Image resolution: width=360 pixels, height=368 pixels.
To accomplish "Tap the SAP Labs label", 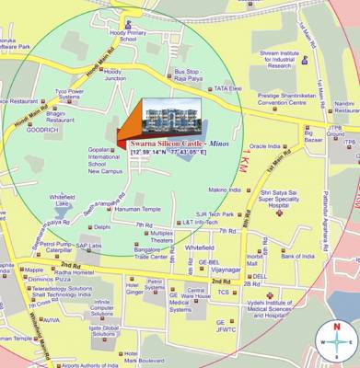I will pyautogui.click(x=88, y=246).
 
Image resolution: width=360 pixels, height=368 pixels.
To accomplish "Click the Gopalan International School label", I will pyautogui.click(x=104, y=157).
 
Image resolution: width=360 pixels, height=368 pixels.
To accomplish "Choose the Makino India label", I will pyautogui.click(x=224, y=190).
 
